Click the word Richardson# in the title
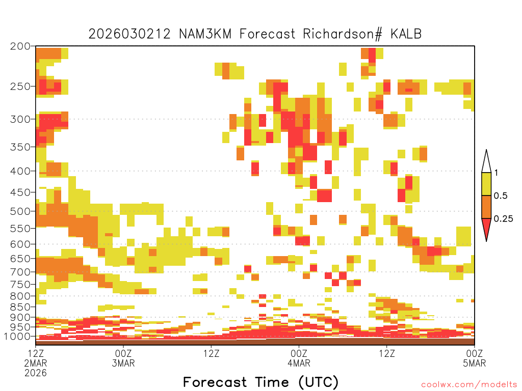pos(343,34)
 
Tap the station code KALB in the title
pos(406,34)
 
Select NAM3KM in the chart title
pos(205,34)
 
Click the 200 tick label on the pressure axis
pos(20,46)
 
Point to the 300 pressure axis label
pos(20,119)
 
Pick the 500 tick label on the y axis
pos(20,211)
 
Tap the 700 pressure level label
pos(20,272)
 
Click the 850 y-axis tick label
pos(20,307)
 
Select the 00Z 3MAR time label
pos(123,358)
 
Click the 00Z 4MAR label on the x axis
pos(299,358)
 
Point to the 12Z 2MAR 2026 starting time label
pos(36,362)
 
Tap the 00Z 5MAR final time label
pos(475,358)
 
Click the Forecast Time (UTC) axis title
pos(260,382)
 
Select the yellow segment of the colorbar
pos(486,184)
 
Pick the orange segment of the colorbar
pos(486,207)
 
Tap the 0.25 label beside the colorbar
pos(503,219)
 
